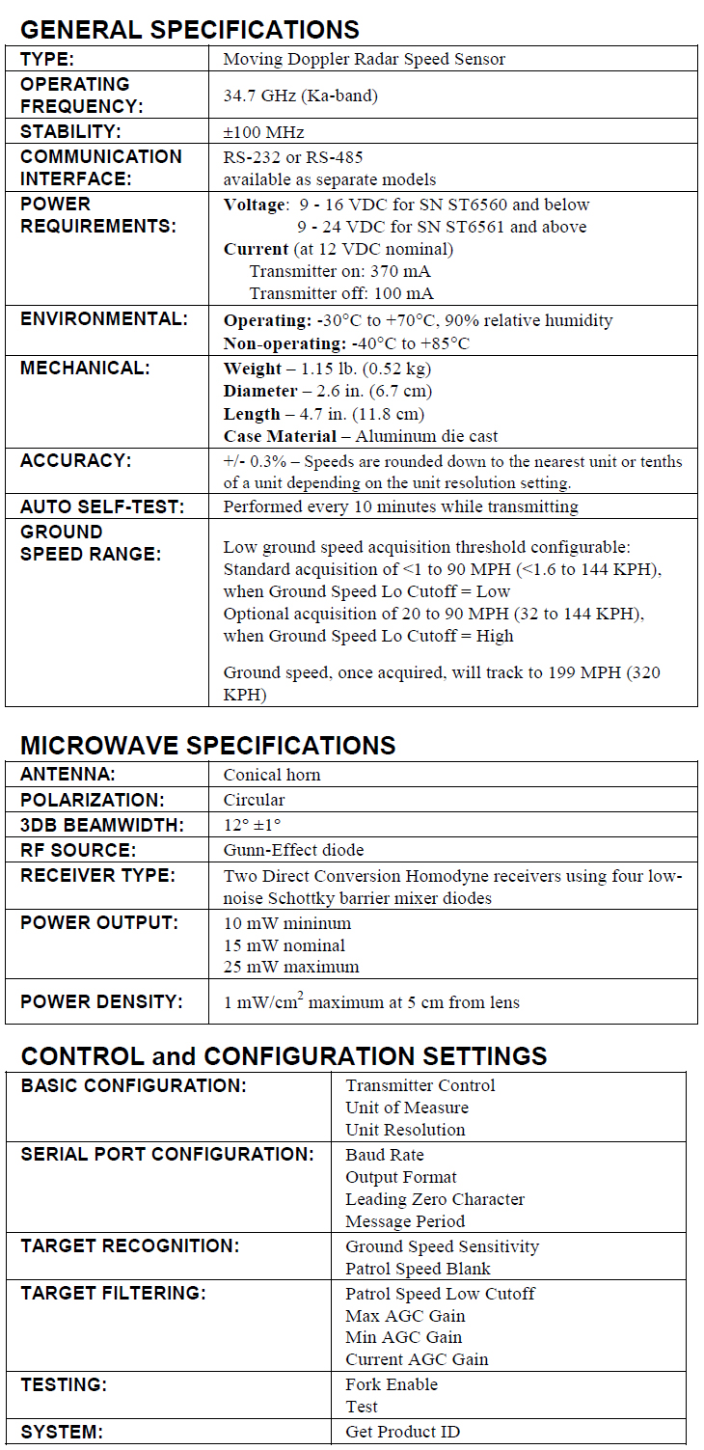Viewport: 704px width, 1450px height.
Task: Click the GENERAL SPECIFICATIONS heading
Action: click(x=190, y=29)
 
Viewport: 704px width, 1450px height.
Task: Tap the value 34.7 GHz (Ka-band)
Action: click(x=300, y=95)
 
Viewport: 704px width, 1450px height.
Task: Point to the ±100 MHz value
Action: click(x=263, y=132)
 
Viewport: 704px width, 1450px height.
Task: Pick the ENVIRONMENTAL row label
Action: click(x=103, y=319)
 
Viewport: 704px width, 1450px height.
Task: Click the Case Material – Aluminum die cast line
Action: click(x=361, y=436)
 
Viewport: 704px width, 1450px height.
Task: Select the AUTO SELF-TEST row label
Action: click(x=101, y=506)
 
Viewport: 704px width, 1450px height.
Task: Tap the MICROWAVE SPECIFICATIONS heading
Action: click(x=207, y=746)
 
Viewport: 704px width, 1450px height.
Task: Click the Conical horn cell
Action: click(x=272, y=775)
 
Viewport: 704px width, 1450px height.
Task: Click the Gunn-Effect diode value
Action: click(x=293, y=850)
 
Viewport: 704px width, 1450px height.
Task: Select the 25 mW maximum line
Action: click(x=291, y=967)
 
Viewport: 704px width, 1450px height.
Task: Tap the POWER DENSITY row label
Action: click(x=101, y=1001)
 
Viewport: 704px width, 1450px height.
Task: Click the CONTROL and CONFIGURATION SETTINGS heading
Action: click(x=284, y=1055)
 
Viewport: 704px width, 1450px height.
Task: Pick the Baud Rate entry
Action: click(x=385, y=1155)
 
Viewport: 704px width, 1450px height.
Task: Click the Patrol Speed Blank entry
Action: click(x=418, y=1269)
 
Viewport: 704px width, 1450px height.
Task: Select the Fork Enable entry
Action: click(x=392, y=1384)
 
